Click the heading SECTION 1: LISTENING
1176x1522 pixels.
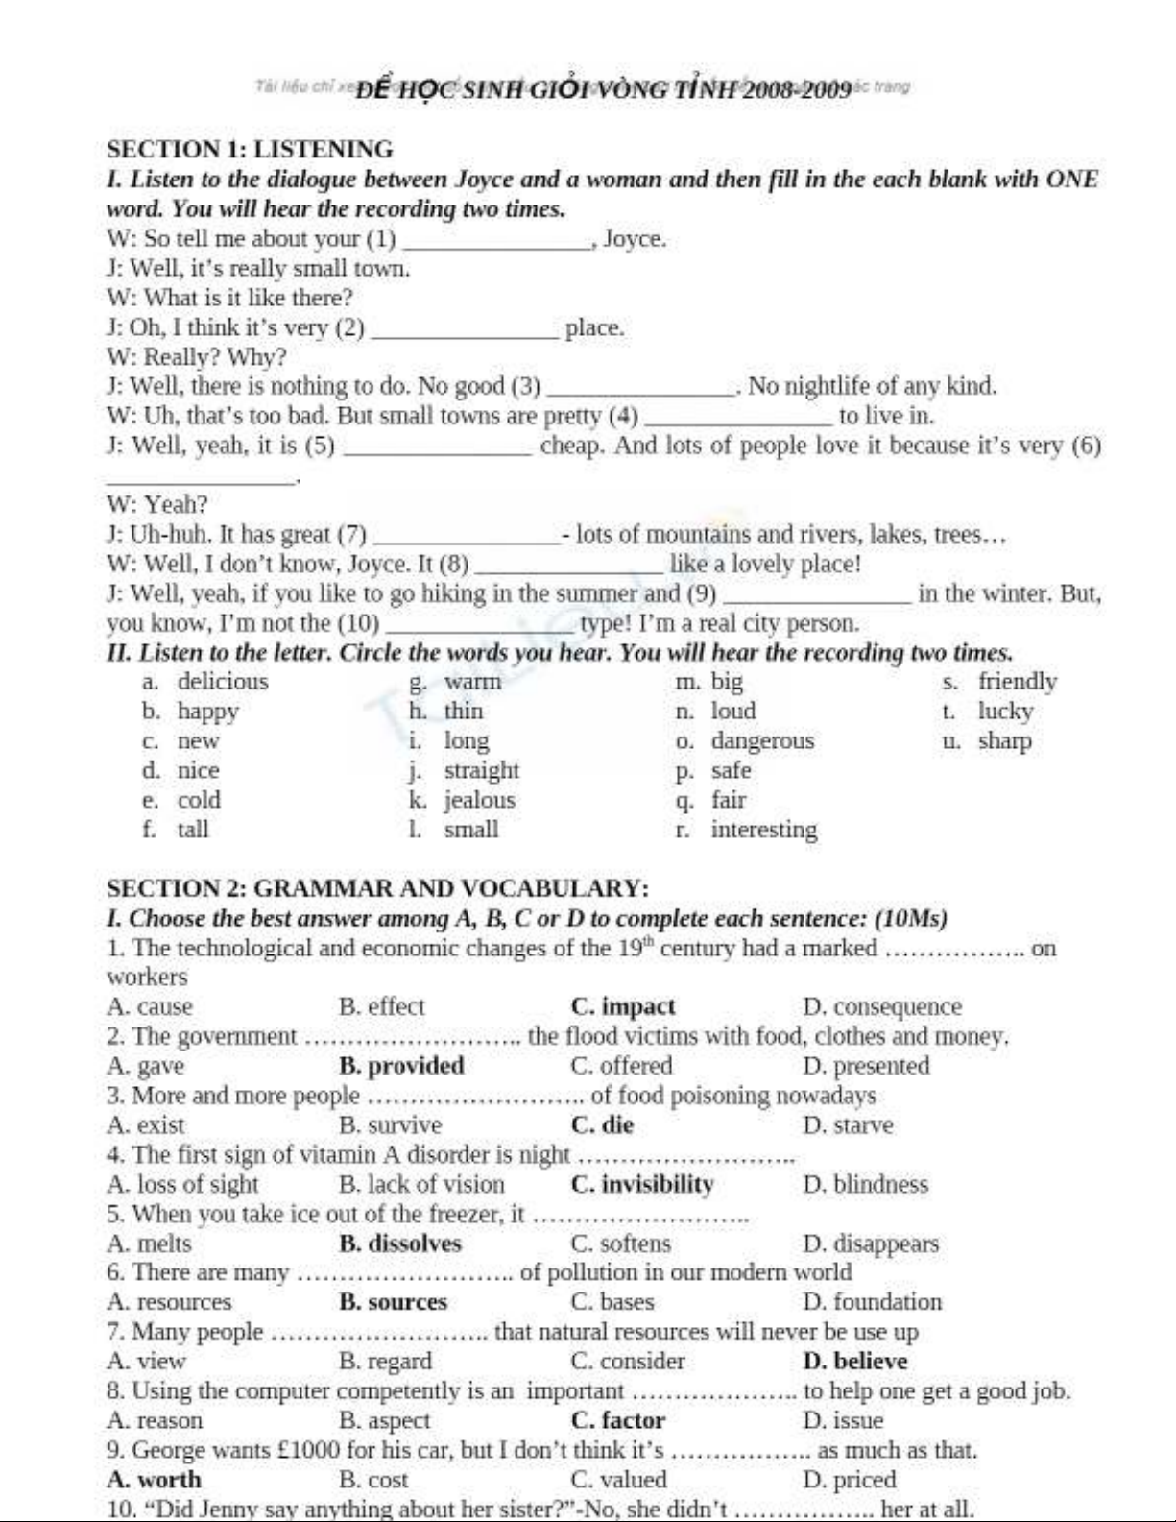pyautogui.click(x=251, y=150)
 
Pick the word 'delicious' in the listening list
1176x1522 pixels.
pyautogui.click(x=223, y=682)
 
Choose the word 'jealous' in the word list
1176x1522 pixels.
pyautogui.click(x=479, y=800)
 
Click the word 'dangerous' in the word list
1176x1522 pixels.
pyautogui.click(x=762, y=741)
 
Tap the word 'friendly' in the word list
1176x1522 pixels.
pyautogui.click(x=1018, y=682)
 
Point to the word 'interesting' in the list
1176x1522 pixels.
pyautogui.click(x=764, y=830)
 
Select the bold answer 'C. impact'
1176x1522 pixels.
pyautogui.click(x=622, y=1007)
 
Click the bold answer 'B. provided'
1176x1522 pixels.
pyautogui.click(x=401, y=1066)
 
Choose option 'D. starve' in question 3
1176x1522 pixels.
pyautogui.click(x=848, y=1125)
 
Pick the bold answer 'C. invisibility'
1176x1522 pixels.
pyautogui.click(x=642, y=1184)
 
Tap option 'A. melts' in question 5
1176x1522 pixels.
pyautogui.click(x=150, y=1244)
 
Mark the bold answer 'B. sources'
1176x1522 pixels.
pyautogui.click(x=394, y=1302)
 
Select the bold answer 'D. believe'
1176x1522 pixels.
pyautogui.click(x=854, y=1362)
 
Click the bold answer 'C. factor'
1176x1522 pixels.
pyautogui.click(x=617, y=1420)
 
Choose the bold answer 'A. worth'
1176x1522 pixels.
pyautogui.click(x=155, y=1480)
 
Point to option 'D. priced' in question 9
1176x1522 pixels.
pyautogui.click(x=849, y=1480)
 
